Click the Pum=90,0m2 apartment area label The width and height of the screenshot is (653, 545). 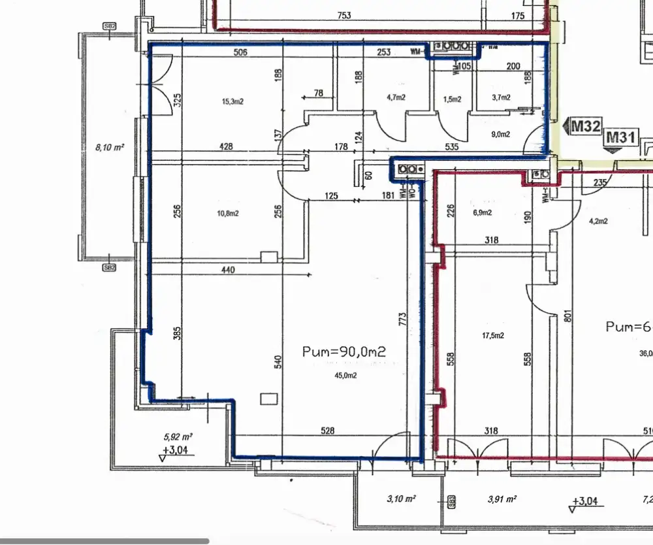[x=344, y=352]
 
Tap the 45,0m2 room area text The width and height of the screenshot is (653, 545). [x=345, y=375]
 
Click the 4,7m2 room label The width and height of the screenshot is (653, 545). [x=396, y=97]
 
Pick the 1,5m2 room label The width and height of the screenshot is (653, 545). [x=452, y=99]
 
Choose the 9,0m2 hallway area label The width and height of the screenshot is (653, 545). [x=500, y=135]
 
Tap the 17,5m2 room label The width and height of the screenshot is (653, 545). [x=493, y=336]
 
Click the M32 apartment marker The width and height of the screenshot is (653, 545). [x=584, y=126]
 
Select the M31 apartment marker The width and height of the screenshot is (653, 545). [x=621, y=137]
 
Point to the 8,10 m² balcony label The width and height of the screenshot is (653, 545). [x=110, y=148]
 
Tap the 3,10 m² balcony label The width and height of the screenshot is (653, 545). [x=402, y=499]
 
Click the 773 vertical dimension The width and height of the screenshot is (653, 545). [x=403, y=319]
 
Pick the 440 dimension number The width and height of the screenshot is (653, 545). [x=228, y=269]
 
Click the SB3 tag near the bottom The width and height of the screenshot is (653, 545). [x=451, y=502]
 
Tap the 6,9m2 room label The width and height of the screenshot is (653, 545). [x=482, y=213]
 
